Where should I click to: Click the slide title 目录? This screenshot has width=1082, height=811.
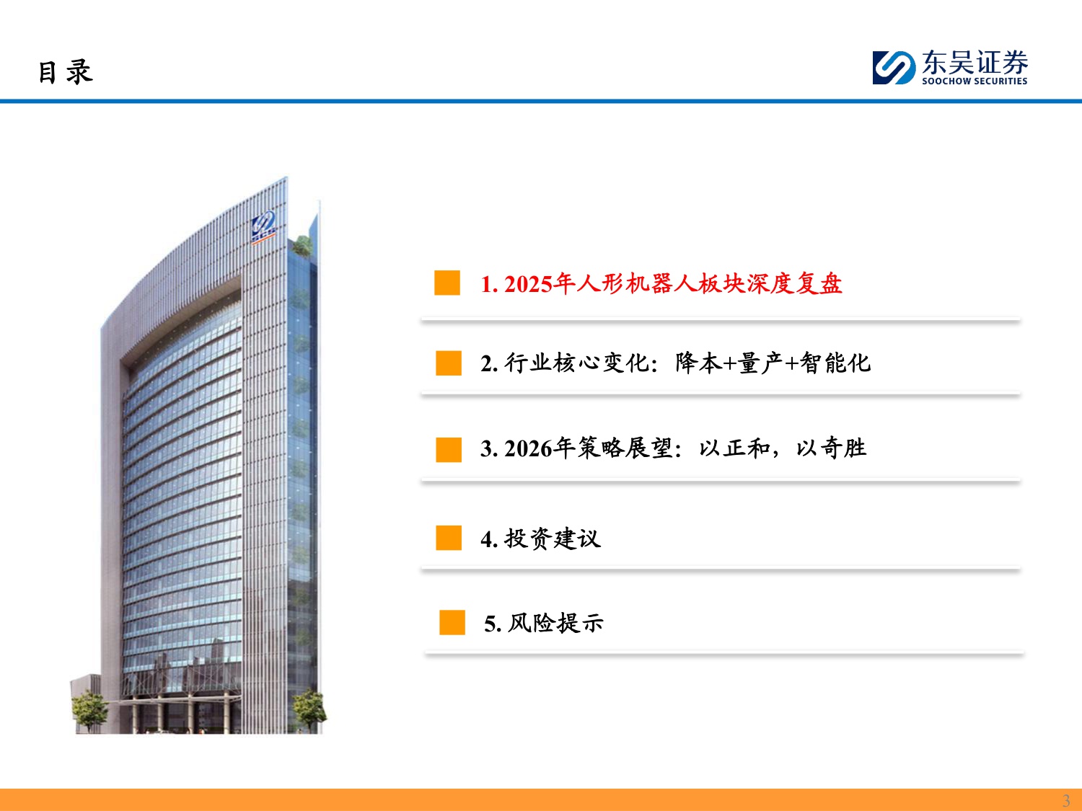(x=65, y=72)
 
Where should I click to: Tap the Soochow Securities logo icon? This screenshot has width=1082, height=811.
(x=894, y=68)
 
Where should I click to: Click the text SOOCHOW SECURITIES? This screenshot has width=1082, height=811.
(x=974, y=81)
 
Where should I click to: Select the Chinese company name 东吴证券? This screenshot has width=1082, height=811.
(x=975, y=63)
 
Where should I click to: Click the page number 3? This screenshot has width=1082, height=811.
(x=1066, y=800)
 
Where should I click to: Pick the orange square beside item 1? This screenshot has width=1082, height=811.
(x=447, y=283)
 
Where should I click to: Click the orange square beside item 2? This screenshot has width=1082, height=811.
(x=449, y=363)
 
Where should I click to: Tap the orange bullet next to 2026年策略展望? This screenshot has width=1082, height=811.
(x=449, y=449)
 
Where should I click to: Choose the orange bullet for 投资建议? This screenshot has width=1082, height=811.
(x=449, y=538)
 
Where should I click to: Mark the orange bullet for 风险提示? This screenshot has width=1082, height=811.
(x=452, y=623)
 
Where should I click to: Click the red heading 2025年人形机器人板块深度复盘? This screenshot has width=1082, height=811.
(x=672, y=284)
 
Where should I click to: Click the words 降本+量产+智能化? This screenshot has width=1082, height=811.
(x=773, y=363)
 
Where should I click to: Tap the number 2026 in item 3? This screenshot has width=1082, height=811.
(x=528, y=449)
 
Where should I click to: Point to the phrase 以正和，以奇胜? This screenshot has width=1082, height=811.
(x=782, y=448)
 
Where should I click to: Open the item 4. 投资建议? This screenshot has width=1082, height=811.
(x=540, y=539)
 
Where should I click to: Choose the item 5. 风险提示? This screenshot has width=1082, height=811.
(x=544, y=624)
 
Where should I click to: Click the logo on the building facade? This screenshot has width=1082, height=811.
(x=263, y=225)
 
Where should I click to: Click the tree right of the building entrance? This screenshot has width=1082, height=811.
(x=309, y=707)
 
